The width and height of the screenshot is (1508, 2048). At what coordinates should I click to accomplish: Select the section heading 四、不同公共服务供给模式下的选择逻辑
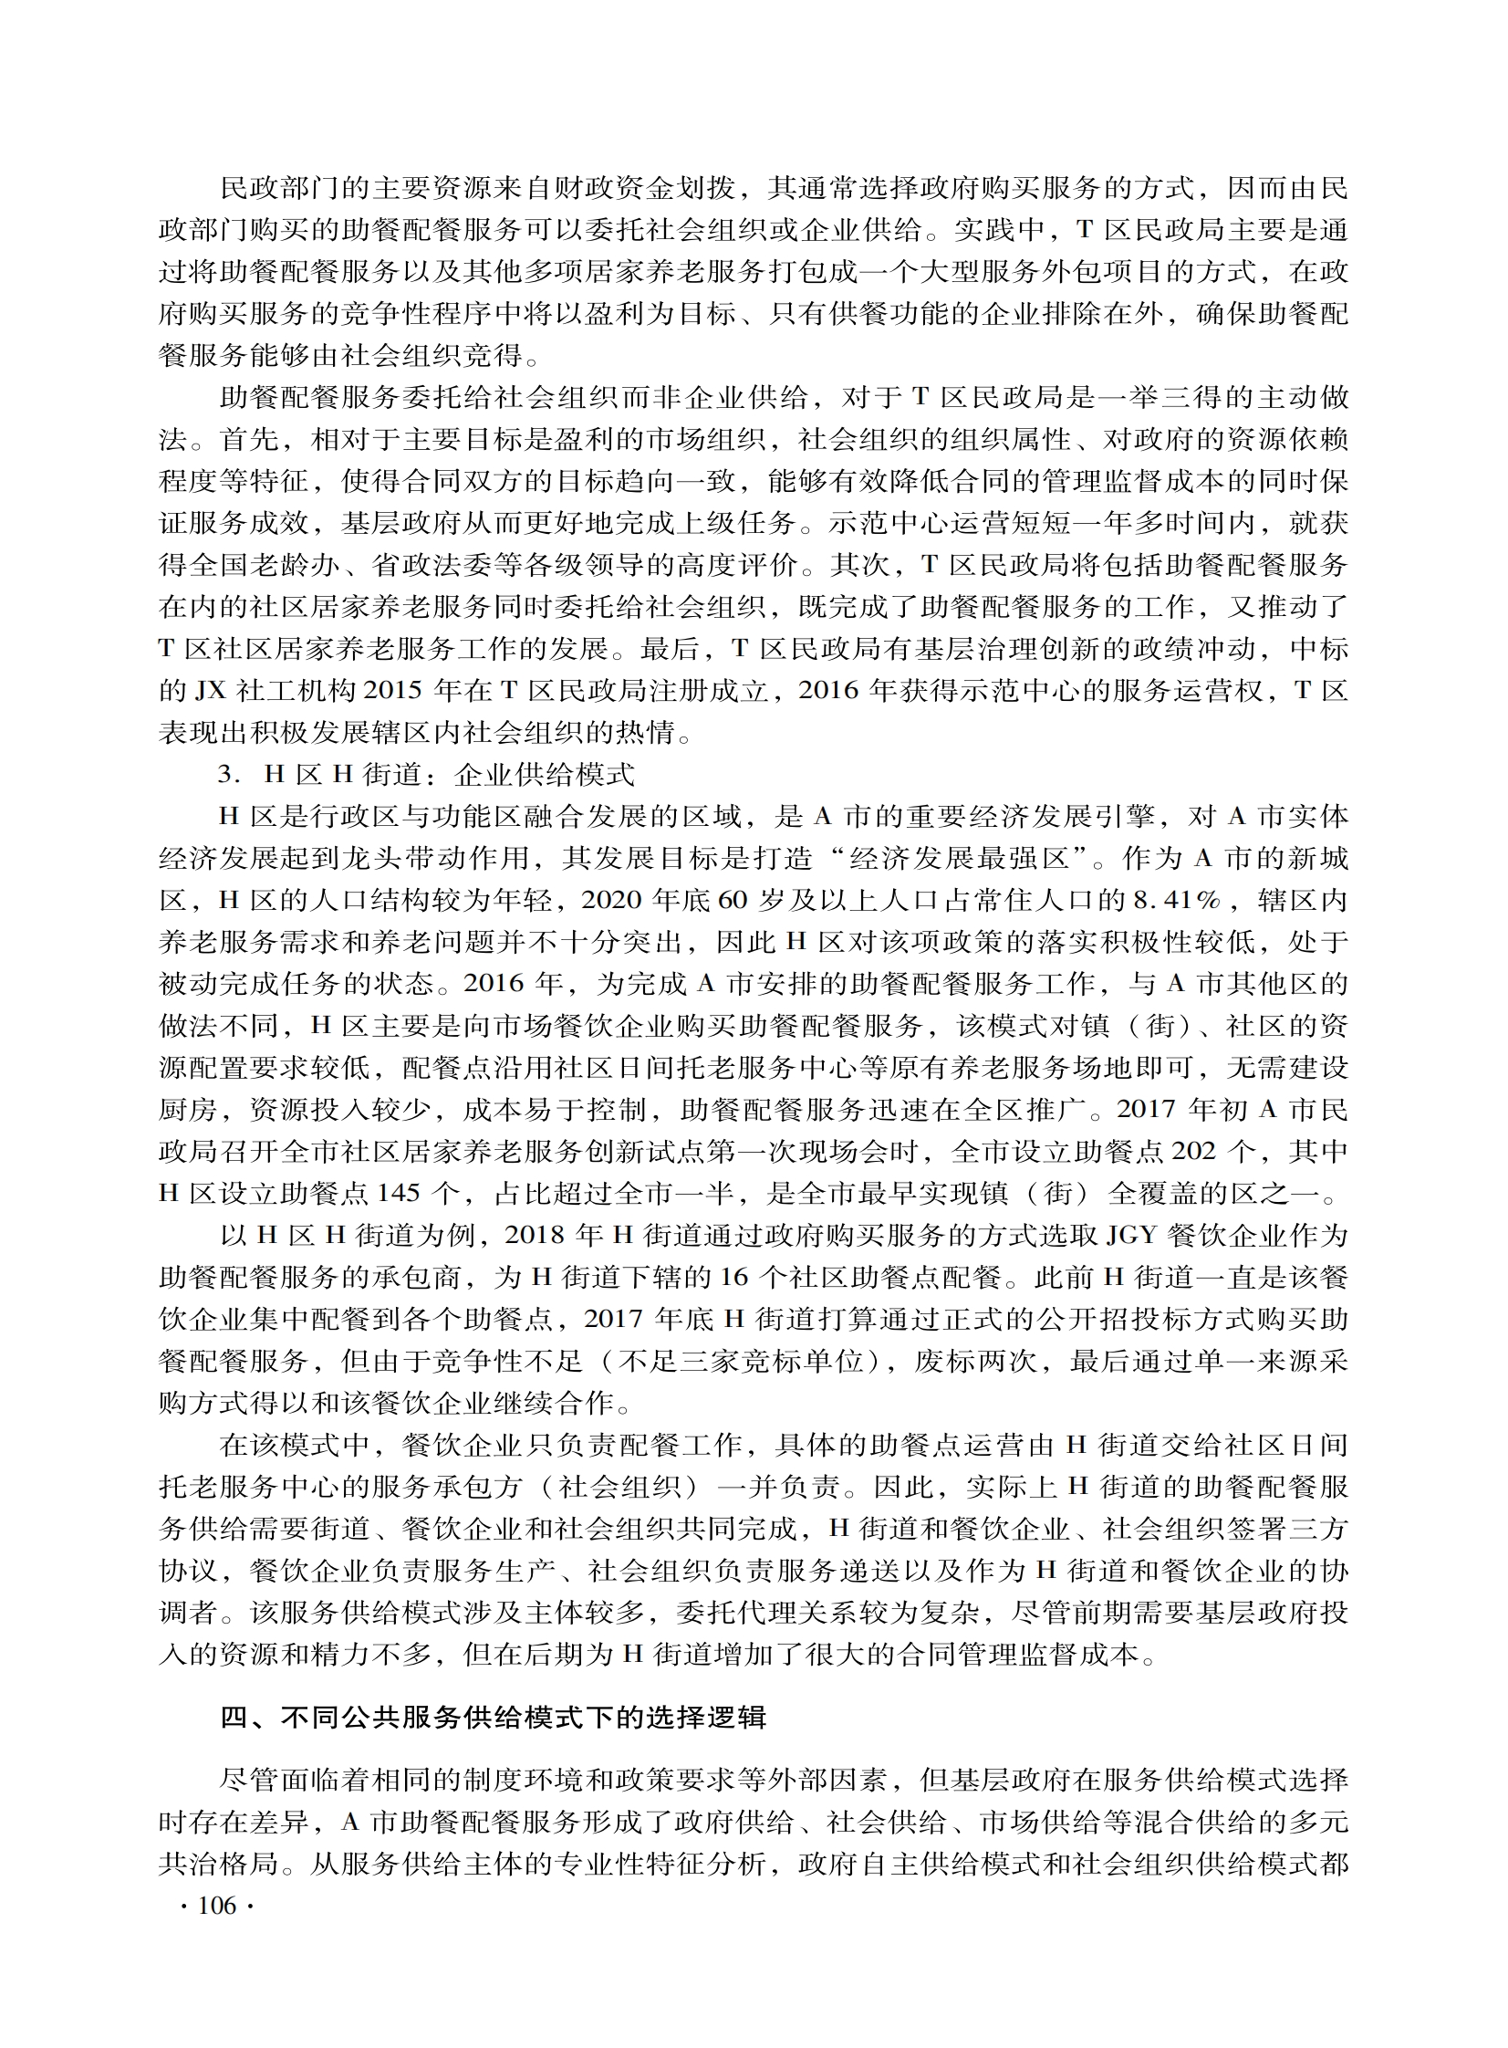[x=493, y=1718]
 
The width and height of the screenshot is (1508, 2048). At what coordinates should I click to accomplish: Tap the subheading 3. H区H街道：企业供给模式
[x=425, y=775]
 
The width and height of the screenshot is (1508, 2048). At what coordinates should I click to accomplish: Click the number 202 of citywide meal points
[x=1193, y=1152]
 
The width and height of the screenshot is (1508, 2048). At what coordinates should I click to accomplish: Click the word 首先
[x=249, y=440]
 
